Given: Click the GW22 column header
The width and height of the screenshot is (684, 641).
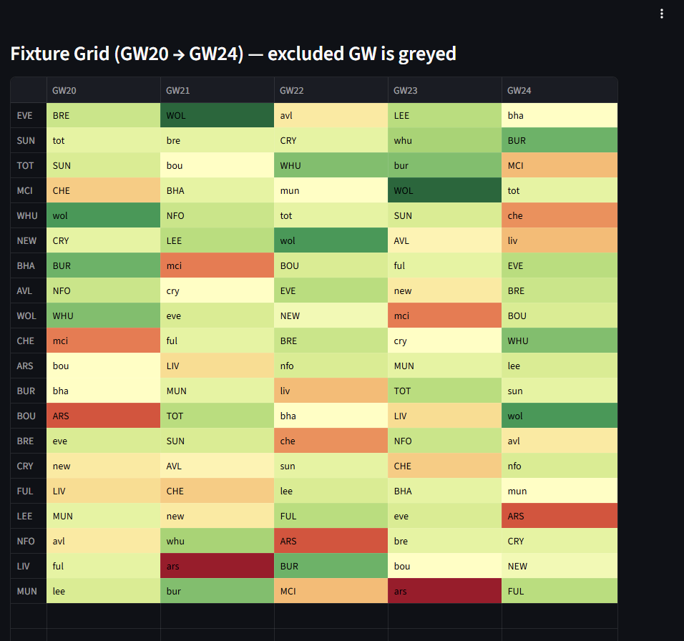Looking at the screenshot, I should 292,91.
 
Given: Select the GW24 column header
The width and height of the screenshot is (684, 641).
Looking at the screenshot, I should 519,91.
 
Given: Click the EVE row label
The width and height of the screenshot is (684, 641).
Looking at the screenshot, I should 25,115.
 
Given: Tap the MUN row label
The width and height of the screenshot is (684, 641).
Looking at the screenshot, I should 26,591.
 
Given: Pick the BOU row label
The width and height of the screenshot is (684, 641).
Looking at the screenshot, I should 26,416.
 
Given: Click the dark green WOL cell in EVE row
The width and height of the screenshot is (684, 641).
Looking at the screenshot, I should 217,115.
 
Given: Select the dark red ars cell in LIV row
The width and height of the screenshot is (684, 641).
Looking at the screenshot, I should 217,566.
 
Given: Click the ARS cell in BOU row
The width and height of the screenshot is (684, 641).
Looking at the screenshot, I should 103,416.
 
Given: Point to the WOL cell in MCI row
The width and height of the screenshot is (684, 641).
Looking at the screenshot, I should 444,190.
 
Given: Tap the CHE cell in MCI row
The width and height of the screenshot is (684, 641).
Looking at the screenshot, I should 103,190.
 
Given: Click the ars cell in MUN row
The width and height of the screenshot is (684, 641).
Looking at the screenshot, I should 444,591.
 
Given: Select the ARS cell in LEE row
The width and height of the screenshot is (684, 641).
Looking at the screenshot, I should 559,516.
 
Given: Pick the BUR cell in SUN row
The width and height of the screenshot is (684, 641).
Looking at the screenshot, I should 559,140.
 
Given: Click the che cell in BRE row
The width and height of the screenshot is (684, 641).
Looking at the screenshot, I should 331,441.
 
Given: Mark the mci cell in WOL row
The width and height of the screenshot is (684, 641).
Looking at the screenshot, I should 444,315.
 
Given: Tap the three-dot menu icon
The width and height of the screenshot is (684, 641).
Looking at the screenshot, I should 662,14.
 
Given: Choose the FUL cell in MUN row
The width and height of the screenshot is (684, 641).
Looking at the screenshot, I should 559,591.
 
